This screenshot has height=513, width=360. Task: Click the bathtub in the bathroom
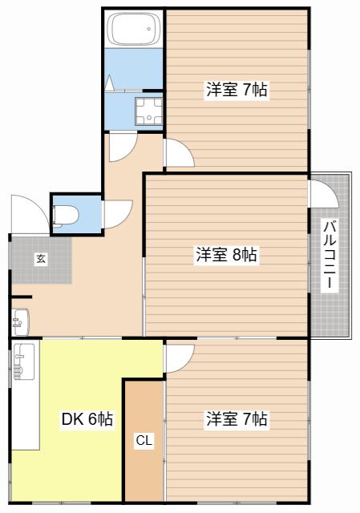coord(136,29)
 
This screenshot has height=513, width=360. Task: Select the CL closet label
coord(144,440)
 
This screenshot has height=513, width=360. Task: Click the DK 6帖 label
coord(87,418)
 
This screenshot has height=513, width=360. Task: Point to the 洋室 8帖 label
coord(226,254)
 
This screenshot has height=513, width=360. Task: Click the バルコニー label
coord(330,255)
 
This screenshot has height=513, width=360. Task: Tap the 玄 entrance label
coord(41,259)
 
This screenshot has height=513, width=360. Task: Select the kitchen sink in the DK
coord(24,362)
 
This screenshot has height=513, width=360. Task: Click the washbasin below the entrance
coord(21,322)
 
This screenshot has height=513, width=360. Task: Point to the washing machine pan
coord(148,111)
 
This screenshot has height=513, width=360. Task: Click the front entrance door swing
coord(30,214)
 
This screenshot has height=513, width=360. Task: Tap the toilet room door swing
coord(118,215)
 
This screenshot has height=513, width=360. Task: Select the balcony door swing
coord(324,193)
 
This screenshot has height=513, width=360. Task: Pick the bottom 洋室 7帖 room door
coord(180,358)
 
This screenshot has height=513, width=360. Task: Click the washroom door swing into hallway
coord(123,147)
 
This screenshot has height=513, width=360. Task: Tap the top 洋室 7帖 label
coord(237,89)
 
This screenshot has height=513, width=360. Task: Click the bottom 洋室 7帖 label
coord(237,418)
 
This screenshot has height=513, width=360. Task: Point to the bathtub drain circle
coord(149,29)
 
